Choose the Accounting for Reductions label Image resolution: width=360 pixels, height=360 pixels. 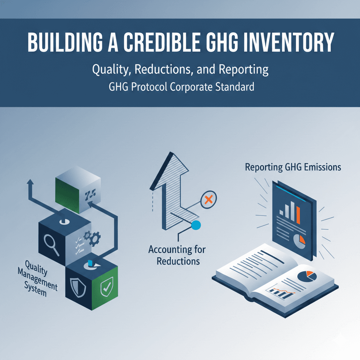tap(177, 256)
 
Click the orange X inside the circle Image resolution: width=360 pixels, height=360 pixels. tap(208, 200)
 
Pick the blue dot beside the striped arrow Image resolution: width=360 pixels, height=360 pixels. tap(196, 225)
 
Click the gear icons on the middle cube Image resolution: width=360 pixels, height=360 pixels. tap(91, 239)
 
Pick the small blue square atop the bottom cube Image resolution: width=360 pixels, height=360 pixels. tap(90, 263)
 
